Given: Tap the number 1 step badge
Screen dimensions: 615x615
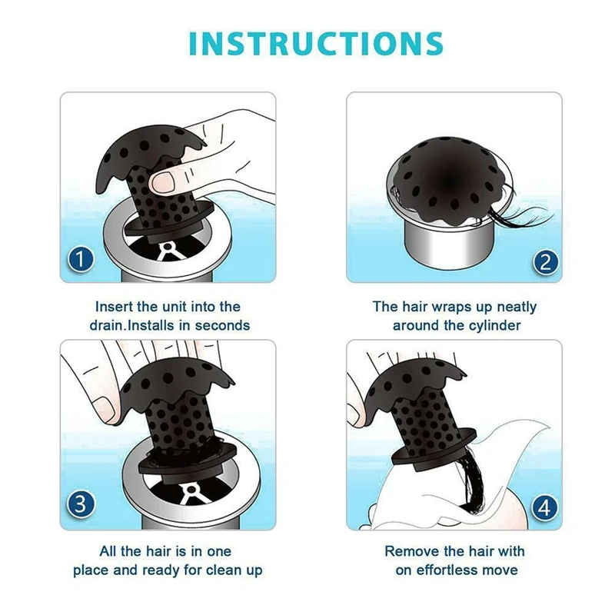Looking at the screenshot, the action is [x=81, y=259].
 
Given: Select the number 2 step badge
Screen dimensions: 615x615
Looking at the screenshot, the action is [x=546, y=262].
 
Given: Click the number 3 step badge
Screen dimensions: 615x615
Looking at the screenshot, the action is [x=81, y=504].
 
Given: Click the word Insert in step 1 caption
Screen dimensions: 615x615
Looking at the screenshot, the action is [x=115, y=307].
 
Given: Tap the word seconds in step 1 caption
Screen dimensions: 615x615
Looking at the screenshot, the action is [x=222, y=325].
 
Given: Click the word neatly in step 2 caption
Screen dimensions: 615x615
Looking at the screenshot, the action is [x=517, y=307].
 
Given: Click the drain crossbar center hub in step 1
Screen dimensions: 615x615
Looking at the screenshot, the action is [x=168, y=247].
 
